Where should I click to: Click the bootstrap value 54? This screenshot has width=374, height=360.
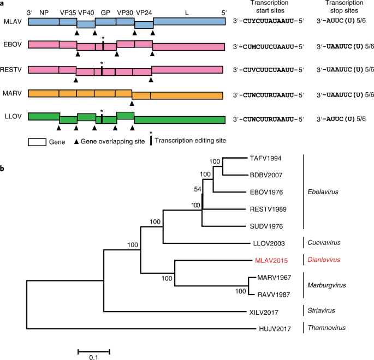197,189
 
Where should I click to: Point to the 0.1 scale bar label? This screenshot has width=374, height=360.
93,358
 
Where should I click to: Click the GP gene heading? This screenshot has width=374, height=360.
105,11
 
